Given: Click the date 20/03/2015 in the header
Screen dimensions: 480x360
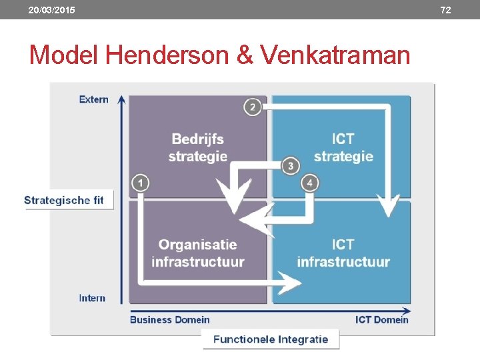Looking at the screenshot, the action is coord(51,10).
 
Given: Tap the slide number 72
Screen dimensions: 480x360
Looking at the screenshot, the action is coord(446,10).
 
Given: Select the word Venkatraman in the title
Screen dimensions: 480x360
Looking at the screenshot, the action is coord(336,55).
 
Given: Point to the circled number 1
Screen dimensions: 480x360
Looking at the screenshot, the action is coord(141,183).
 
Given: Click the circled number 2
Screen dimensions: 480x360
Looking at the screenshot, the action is coord(252,106).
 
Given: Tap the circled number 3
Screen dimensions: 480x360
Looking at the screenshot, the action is coord(290,165).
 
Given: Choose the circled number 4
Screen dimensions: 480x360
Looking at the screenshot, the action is coord(310,183).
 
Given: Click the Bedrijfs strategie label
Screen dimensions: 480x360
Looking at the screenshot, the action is coord(197,147).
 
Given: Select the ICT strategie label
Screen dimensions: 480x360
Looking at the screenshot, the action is coord(343,147).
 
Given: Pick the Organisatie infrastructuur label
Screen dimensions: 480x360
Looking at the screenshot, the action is coord(197,253).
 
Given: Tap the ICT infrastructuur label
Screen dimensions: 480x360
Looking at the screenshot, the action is coord(343,253).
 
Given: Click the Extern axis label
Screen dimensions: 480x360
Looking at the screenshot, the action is coord(93,99).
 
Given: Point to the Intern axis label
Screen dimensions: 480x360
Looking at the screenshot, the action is coord(92,298).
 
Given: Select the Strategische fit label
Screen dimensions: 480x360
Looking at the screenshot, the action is coord(64,200).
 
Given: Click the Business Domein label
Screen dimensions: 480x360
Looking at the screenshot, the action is coord(169,319).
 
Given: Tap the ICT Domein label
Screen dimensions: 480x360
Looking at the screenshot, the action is coord(381,319).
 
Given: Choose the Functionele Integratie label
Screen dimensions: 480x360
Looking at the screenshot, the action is coord(271,339).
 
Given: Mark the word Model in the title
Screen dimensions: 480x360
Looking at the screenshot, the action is coord(63,55).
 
